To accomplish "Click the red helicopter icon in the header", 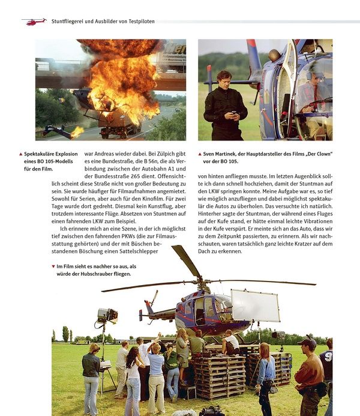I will click(34, 21).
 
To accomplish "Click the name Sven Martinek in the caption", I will click(222, 154).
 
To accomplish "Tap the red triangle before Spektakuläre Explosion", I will click(20, 154).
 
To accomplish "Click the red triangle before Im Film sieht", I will click(53, 266).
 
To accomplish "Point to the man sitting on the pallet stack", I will click(230, 342).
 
